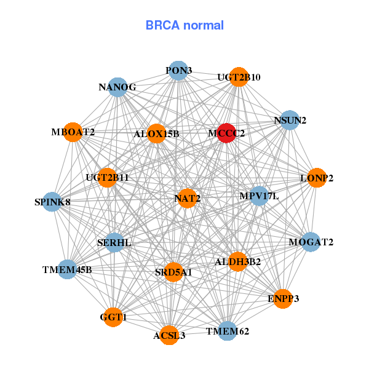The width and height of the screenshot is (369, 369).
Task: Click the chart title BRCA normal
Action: click(184, 26)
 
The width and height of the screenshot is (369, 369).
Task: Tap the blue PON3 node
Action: click(178, 71)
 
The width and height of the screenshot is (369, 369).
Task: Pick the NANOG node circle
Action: click(117, 87)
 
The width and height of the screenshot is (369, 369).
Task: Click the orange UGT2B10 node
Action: click(239, 77)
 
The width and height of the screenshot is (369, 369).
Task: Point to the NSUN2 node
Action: click(290, 120)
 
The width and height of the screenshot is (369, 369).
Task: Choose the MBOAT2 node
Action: click(73, 132)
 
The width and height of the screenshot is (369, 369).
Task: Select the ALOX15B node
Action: click(156, 133)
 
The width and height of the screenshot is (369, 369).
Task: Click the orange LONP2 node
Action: click(316, 178)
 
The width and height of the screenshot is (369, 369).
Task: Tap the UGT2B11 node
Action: click(108, 178)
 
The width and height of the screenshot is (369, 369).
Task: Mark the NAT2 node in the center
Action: click(187, 198)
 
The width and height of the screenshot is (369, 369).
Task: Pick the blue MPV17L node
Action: click(259, 196)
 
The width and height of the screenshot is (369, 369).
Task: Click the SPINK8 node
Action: click(52, 202)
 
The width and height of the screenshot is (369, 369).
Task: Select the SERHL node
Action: click(114, 243)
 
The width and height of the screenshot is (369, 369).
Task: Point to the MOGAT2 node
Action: click(311, 242)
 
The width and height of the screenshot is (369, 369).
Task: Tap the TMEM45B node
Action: click(68, 269)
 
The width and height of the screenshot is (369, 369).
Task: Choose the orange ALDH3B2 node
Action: click(237, 261)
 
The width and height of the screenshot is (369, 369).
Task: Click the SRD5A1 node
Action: click(173, 272)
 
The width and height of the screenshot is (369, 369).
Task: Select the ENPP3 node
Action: click(282, 299)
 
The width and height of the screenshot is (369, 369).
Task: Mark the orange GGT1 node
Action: click(113, 317)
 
